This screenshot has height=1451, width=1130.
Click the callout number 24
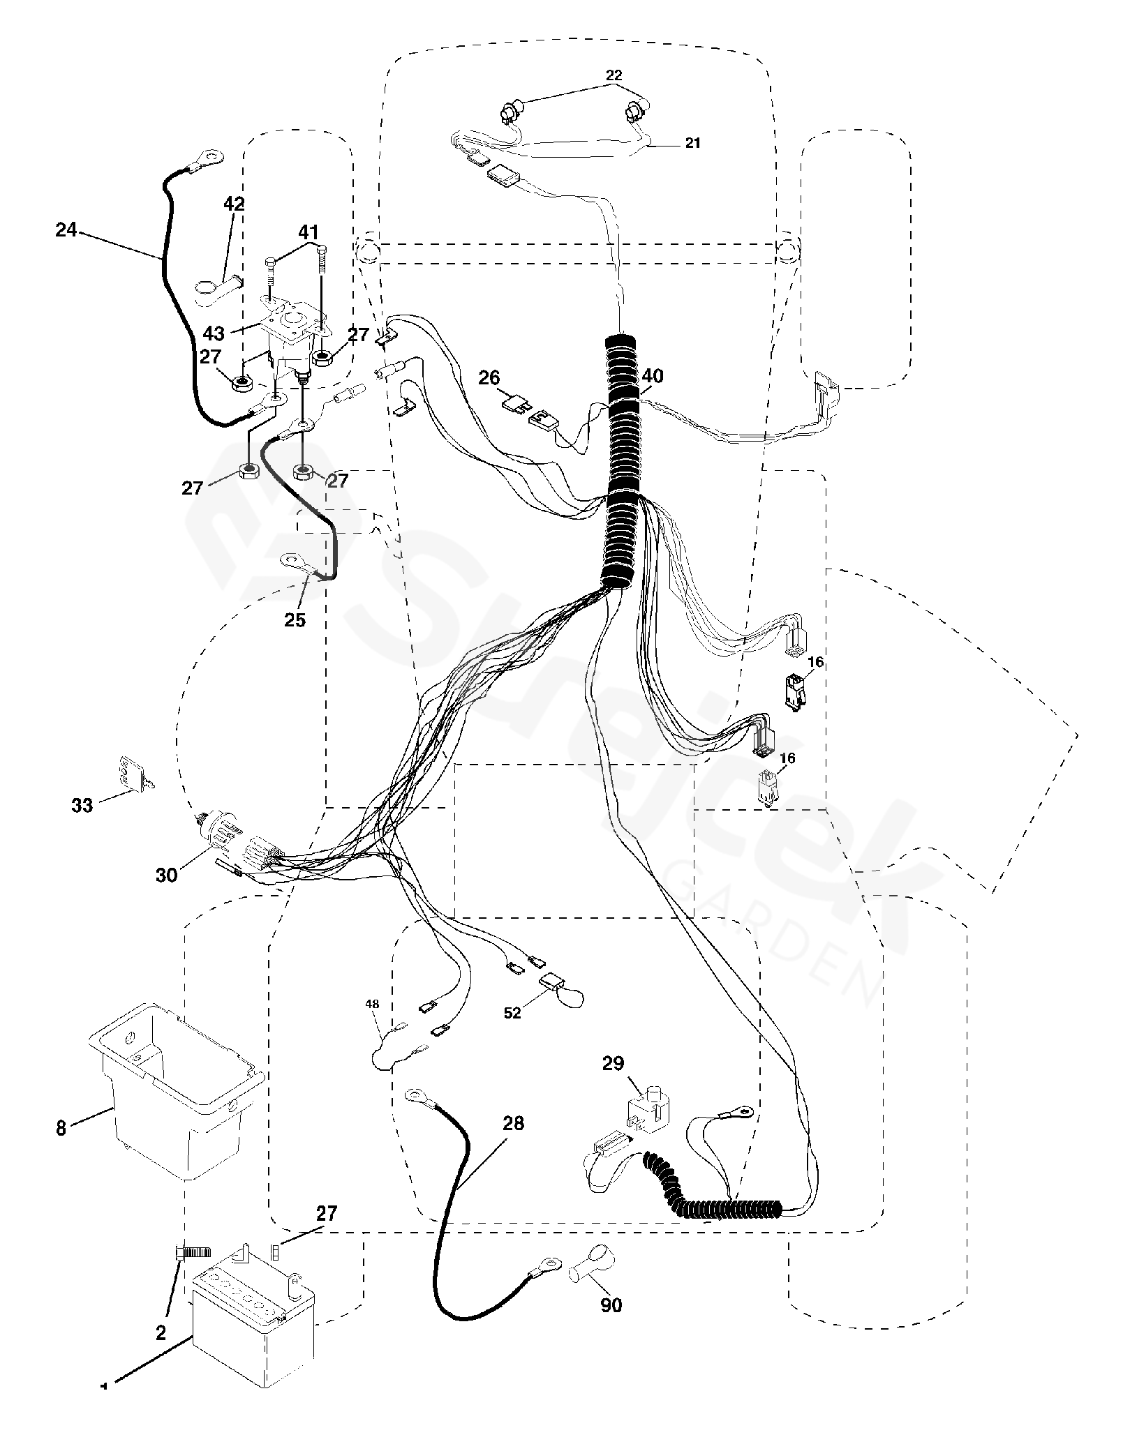(66, 229)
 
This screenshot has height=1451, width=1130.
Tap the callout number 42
(234, 204)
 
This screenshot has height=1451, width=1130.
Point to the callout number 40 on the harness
(653, 376)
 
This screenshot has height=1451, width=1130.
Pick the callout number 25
(295, 619)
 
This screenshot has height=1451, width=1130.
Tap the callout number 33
(82, 805)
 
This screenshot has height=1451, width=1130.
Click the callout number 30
(167, 875)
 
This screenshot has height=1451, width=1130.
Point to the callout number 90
(611, 1305)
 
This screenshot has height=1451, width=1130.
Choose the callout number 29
(614, 1063)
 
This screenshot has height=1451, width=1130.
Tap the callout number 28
(513, 1124)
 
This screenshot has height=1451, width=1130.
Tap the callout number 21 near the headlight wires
(692, 143)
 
